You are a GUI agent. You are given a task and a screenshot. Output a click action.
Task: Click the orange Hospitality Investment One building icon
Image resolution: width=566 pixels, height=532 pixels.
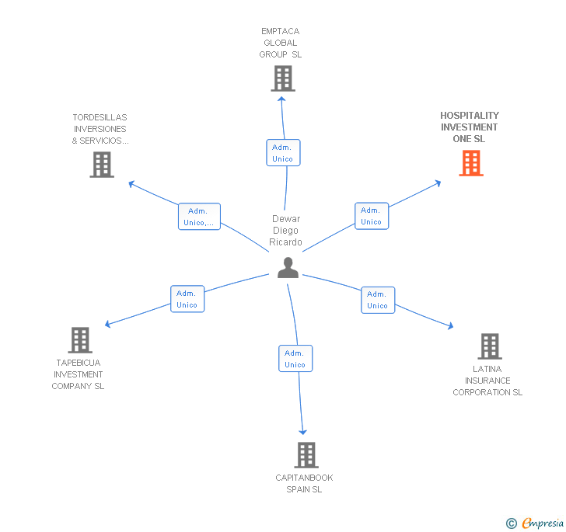coord(470,163)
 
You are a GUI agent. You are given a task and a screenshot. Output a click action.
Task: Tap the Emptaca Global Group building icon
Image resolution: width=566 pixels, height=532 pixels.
coord(282,78)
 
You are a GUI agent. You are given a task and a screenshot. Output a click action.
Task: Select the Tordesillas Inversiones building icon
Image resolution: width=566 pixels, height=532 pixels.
coord(102,165)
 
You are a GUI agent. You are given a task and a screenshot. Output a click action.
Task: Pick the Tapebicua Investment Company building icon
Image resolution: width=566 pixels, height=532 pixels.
coord(80,340)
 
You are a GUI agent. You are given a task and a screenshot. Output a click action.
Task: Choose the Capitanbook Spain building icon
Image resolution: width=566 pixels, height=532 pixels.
coord(306,455)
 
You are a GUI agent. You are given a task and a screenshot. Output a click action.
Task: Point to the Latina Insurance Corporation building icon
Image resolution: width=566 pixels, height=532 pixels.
coord(489,346)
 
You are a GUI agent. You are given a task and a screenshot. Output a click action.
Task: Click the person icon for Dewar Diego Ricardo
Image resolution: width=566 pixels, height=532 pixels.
coord(288,268)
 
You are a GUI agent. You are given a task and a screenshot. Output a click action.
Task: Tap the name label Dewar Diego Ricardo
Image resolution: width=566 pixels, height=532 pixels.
coord(285,231)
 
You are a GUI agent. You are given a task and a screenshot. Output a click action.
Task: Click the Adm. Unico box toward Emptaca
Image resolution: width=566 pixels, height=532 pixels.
coord(282,153)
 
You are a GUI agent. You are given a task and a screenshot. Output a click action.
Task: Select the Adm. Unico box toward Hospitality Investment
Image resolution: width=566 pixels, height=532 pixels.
coord(371,216)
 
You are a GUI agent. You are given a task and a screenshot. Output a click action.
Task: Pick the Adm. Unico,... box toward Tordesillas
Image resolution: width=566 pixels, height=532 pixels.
coord(199,217)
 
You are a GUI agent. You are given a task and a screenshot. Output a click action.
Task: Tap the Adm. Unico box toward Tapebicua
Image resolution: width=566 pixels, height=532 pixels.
coord(187,299)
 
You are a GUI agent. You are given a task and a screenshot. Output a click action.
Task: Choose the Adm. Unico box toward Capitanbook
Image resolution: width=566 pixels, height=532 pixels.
coord(295,359)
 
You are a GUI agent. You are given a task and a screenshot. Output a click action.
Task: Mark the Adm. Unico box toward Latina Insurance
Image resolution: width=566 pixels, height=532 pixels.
coord(377,300)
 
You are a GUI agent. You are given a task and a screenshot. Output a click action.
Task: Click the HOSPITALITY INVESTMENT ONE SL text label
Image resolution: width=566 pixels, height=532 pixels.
coord(470,127)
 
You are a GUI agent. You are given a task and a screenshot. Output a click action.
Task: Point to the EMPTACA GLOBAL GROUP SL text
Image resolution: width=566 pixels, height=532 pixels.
coord(280,43)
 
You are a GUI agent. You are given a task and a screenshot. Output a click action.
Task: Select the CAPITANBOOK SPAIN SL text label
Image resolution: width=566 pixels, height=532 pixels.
coord(304,484)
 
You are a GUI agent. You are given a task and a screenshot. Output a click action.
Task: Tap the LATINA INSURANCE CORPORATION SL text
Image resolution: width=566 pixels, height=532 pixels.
coord(487,381)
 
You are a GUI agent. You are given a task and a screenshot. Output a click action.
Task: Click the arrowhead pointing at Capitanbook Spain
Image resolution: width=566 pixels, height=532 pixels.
coord(303,431)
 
